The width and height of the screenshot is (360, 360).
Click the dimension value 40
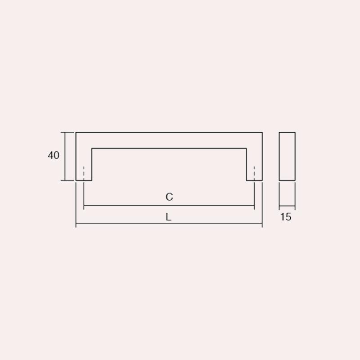[x=54, y=155]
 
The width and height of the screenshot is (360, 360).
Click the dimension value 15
[x=286, y=217]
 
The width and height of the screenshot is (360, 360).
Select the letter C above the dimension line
[x=169, y=197]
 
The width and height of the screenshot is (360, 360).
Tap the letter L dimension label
[x=168, y=217]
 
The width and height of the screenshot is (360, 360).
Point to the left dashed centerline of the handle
[x=84, y=173]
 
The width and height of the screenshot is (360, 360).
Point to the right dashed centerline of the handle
[x=254, y=173]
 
